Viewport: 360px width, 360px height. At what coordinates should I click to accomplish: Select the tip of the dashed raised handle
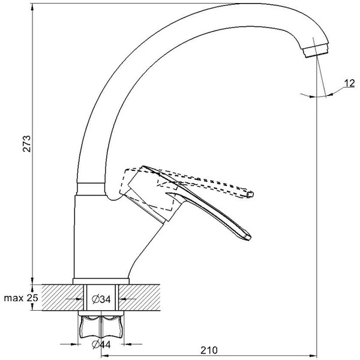[x=252, y=193]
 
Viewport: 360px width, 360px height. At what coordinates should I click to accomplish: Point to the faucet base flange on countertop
[x=101, y=281]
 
